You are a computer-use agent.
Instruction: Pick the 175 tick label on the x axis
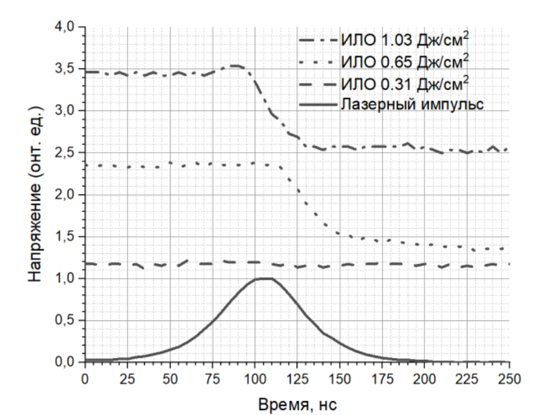pos(382,377)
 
